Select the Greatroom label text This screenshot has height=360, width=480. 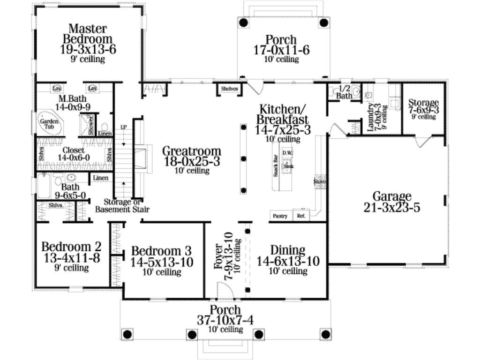192,151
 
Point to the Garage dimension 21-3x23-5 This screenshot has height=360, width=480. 392,207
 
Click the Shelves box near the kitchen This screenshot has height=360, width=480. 229,89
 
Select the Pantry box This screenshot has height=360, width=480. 281,216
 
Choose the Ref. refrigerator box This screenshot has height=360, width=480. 300,216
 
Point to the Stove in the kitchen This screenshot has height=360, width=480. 320,181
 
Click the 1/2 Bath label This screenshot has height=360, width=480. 345,92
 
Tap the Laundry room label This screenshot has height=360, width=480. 371,117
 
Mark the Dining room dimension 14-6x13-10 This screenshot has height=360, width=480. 288,262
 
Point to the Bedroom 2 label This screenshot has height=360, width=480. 71,247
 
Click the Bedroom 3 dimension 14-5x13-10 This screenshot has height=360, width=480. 162,262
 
